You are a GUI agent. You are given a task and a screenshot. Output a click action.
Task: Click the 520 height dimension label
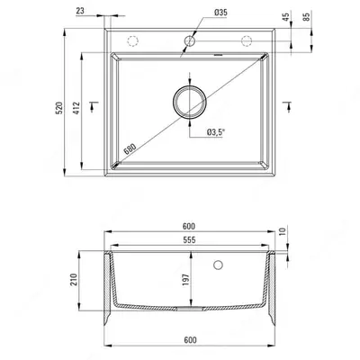pyautogui.click(x=59, y=108)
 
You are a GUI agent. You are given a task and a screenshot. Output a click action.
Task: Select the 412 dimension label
pyautogui.click(x=76, y=108)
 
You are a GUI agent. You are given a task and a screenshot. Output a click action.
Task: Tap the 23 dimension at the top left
pyautogui.click(x=80, y=11)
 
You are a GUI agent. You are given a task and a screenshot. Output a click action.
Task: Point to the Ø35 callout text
pyautogui.click(x=220, y=13)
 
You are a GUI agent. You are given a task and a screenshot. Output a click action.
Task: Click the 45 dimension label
pyautogui.click(x=286, y=16)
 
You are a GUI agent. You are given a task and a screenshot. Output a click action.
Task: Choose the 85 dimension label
pyautogui.click(x=306, y=16)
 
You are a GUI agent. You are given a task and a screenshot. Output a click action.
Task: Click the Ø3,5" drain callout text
pyautogui.click(x=216, y=132)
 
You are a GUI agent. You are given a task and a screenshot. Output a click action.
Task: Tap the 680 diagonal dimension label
pyautogui.click(x=130, y=148)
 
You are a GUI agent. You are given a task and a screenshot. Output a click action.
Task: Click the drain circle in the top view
pyautogui.click(x=190, y=102)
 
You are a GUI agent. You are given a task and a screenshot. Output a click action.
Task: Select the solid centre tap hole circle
pyautogui.click(x=190, y=40)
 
